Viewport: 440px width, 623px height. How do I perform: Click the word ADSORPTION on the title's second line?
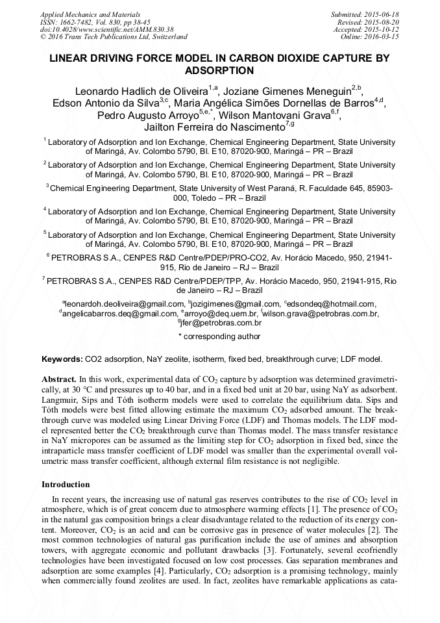click(x=219, y=70)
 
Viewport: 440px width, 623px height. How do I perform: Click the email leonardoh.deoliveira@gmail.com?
click(x=123, y=304)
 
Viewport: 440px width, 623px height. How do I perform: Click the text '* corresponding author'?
click(x=219, y=337)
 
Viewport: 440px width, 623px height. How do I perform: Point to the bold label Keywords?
click(x=62, y=359)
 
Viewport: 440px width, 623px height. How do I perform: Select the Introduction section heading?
click(x=66, y=485)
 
